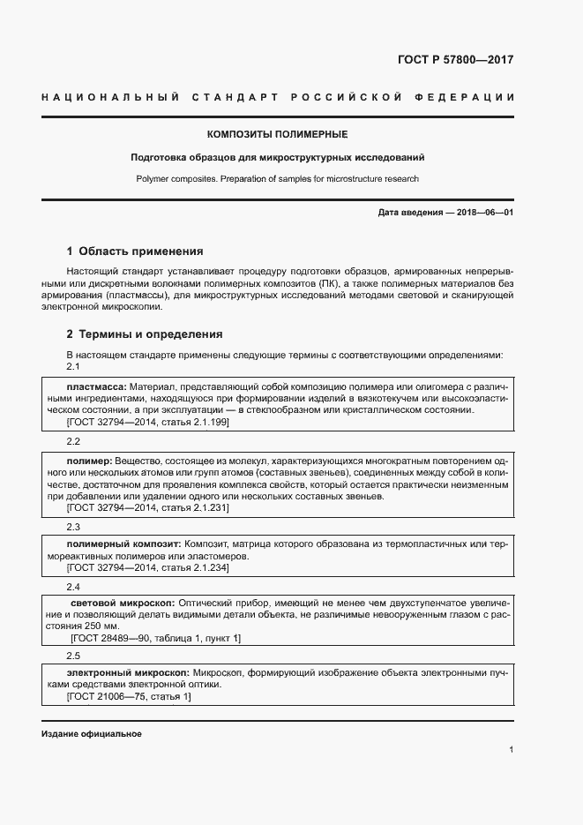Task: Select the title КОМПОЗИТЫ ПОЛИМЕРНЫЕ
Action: (x=277, y=135)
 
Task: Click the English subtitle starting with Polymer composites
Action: (x=277, y=179)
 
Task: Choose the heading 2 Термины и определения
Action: (x=145, y=334)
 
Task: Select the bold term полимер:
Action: (x=88, y=461)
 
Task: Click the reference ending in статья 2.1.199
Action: (x=148, y=423)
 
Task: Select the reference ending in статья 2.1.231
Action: (x=148, y=508)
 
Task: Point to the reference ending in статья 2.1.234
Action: (x=148, y=568)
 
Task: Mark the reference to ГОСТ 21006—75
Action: (x=129, y=696)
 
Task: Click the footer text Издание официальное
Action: (x=91, y=734)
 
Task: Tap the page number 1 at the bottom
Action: (x=511, y=750)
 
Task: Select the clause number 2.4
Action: (x=73, y=587)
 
